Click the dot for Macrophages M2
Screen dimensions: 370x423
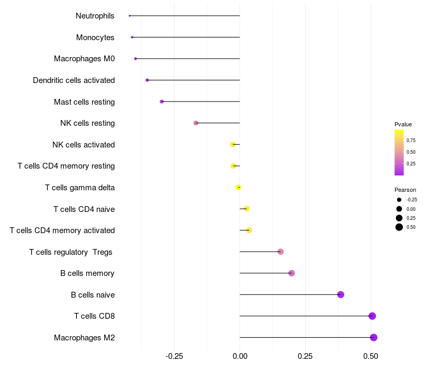(374, 337)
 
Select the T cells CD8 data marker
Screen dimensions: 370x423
(372, 316)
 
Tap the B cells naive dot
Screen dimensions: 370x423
(341, 294)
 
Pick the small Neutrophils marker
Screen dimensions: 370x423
(130, 16)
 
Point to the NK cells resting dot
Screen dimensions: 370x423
(196, 123)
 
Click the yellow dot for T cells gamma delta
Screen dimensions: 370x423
(238, 187)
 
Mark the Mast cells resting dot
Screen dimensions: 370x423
(162, 101)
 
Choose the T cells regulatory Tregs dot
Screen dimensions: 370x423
(281, 252)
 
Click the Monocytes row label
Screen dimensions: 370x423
(95, 38)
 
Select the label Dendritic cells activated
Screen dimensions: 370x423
(74, 80)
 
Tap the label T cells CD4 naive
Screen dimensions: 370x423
(84, 209)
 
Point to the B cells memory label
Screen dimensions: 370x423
(87, 273)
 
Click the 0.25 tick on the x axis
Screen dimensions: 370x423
(305, 356)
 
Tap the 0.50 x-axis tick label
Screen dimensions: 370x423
(371, 356)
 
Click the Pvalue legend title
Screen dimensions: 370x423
(403, 124)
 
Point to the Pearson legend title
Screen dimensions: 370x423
(405, 190)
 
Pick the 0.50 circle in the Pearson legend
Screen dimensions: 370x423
(399, 227)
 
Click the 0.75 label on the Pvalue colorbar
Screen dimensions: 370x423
(411, 140)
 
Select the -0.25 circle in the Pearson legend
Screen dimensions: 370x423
(399, 200)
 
